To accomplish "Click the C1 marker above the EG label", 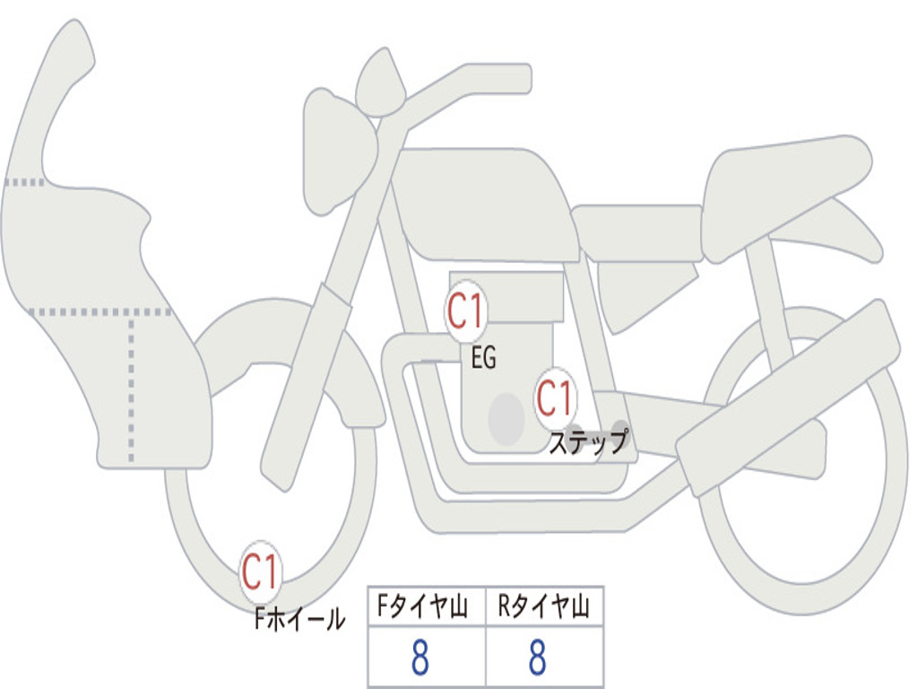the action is (466, 311).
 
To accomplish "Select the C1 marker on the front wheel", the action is (261, 571).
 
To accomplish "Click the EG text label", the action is (484, 357).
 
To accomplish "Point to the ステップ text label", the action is (588, 441).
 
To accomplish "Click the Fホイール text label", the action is (299, 619).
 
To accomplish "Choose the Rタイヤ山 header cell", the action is (544, 606).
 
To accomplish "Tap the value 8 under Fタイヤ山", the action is (420, 657).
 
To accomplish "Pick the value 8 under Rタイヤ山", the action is (538, 657).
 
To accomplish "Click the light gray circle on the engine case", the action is (507, 419).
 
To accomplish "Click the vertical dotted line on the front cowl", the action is (131, 389).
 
